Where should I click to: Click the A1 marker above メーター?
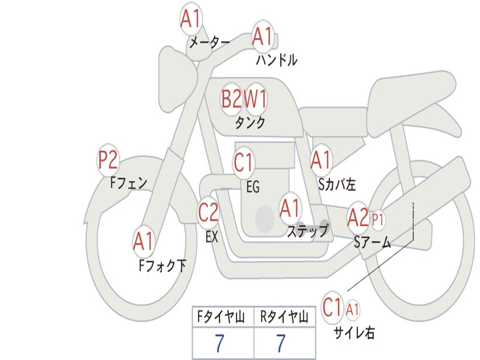191,19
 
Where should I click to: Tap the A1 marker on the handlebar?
262,37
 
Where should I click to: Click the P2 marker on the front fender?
108,160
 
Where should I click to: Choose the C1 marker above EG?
244,162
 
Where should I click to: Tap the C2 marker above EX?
208,212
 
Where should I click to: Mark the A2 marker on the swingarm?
358,218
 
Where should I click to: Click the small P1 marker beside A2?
377,219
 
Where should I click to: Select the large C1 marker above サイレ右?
332,307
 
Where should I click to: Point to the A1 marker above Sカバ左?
321,160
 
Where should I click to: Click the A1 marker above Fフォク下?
143,241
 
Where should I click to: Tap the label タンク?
250,123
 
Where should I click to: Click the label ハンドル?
277,60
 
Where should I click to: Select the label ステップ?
308,231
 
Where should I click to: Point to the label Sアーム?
373,242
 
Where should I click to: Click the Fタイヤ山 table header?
221,317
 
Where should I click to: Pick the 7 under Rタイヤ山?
281,343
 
